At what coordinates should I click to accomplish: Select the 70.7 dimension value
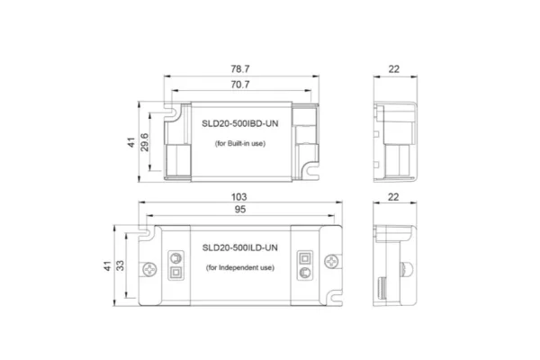[x=238, y=85]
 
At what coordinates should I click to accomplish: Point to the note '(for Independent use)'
[x=238, y=268]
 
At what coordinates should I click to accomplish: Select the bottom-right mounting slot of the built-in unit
[x=310, y=166]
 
